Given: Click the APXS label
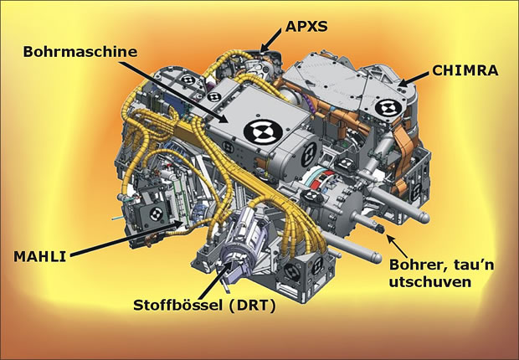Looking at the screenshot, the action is (x=306, y=26).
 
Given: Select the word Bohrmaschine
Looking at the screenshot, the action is (x=80, y=52).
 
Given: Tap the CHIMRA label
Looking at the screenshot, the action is (x=465, y=70).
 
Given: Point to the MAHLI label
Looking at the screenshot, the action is (x=39, y=257).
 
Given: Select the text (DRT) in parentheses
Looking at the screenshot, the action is (x=252, y=306).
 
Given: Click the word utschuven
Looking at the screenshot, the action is (x=430, y=282).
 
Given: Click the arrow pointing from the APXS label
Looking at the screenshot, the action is (x=271, y=40).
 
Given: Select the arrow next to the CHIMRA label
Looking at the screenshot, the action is (x=414, y=80).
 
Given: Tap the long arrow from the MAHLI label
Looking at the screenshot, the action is (x=126, y=239).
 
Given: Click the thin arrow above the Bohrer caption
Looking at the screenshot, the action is (x=398, y=246).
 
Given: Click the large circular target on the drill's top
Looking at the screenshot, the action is (x=263, y=131).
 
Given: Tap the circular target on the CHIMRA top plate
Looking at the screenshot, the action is (x=389, y=108).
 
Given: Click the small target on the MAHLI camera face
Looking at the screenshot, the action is (x=157, y=214).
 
